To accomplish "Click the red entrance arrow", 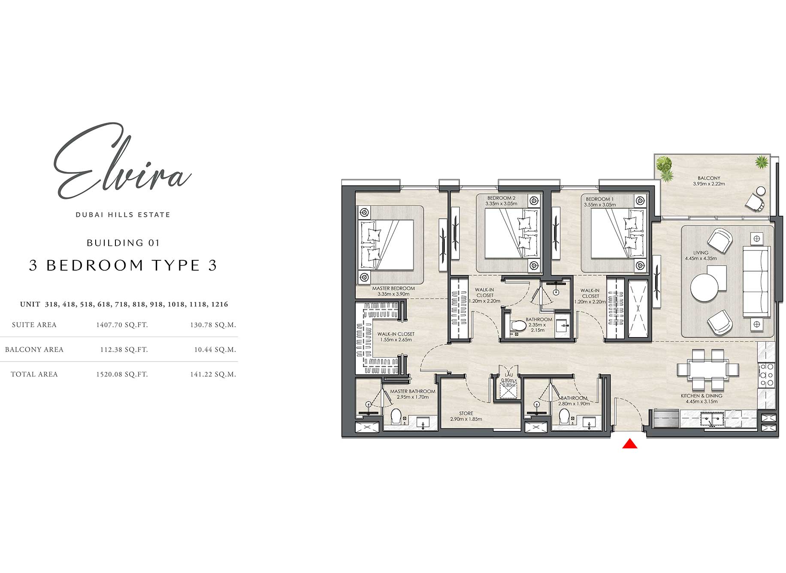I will (629, 444).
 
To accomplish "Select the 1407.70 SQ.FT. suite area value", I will (122, 325).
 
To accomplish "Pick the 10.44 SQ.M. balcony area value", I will (215, 350).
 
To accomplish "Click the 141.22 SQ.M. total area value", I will (213, 374).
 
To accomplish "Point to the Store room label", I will (466, 413).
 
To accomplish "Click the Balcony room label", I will (709, 178).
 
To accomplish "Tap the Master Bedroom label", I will (393, 289).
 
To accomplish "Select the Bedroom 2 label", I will (501, 198).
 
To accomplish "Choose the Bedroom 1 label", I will (599, 199).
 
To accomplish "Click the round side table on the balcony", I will (761, 190).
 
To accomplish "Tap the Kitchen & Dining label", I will (701, 396).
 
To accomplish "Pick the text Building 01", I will (123, 243).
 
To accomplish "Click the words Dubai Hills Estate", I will (123, 215).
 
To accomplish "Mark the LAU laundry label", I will (509, 375).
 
